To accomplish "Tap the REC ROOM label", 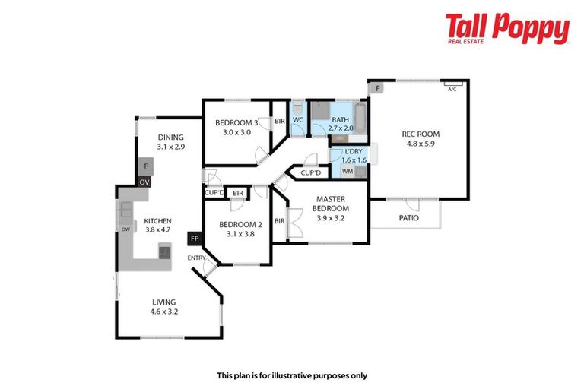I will (x=421, y=134).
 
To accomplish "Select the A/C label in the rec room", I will (x=452, y=90).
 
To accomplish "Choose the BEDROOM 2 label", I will (x=240, y=225).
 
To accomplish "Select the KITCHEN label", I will (x=158, y=221).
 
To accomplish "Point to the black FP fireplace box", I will (x=195, y=239).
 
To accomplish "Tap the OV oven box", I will (x=144, y=182).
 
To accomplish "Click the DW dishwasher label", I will (x=125, y=229).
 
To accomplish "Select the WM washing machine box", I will (x=348, y=172).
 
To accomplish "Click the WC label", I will (x=299, y=120).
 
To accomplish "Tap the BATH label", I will (x=340, y=119).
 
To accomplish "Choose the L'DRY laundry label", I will (x=354, y=152).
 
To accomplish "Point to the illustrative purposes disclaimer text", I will (x=292, y=375).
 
